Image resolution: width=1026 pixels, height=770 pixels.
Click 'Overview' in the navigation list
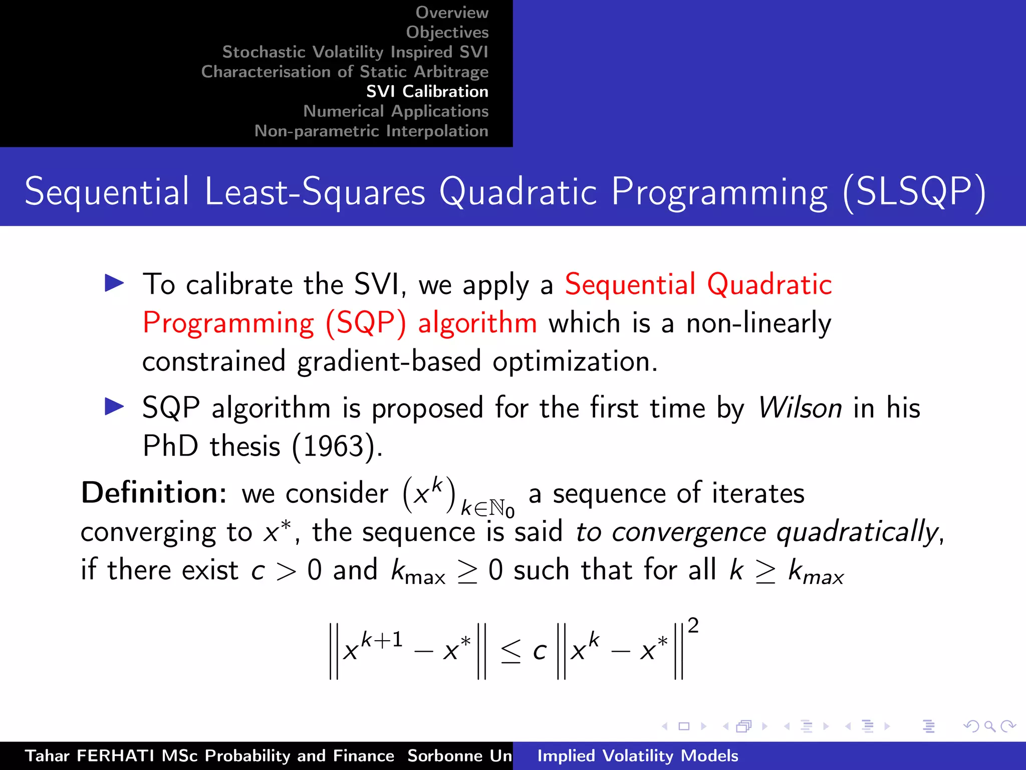pyautogui.click(x=451, y=13)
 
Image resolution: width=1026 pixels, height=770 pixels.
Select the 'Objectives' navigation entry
pyautogui.click(x=447, y=32)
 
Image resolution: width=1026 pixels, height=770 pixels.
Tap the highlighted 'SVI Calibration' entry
pyautogui.click(x=427, y=91)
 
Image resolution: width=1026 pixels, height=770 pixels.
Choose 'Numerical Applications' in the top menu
pyautogui.click(x=395, y=111)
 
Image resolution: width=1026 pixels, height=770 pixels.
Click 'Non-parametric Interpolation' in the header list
pyautogui.click(x=371, y=131)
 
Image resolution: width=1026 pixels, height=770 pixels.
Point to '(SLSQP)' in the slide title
pyautogui.click(x=914, y=192)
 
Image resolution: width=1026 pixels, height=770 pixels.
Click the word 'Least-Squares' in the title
pyautogui.click(x=315, y=192)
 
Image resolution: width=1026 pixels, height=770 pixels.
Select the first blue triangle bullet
pyautogui.click(x=114, y=283)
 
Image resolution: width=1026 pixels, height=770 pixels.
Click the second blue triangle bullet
pyautogui.click(x=114, y=407)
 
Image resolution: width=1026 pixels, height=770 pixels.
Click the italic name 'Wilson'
pyautogui.click(x=800, y=408)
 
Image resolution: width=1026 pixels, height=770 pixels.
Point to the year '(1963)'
pyautogui.click(x=337, y=446)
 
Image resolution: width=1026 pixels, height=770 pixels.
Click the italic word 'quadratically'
pyautogui.click(x=857, y=532)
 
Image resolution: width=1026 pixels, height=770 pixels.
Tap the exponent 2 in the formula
pyautogui.click(x=693, y=626)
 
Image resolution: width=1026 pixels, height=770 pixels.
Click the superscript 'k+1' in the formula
pyautogui.click(x=382, y=640)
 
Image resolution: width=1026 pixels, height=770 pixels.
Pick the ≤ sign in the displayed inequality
pyautogui.click(x=510, y=652)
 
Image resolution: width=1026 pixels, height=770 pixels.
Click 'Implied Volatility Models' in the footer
pyautogui.click(x=637, y=756)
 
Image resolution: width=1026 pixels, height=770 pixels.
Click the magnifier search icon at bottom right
pyautogui.click(x=989, y=726)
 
